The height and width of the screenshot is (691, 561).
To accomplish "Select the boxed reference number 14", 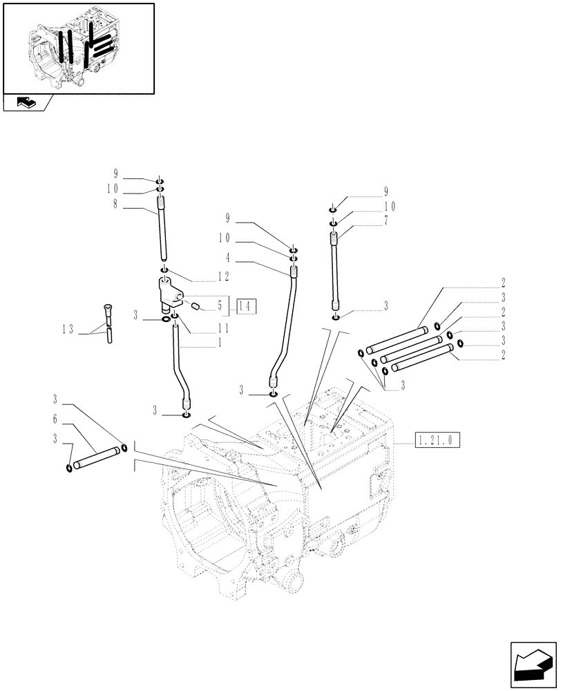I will pyautogui.click(x=246, y=305).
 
